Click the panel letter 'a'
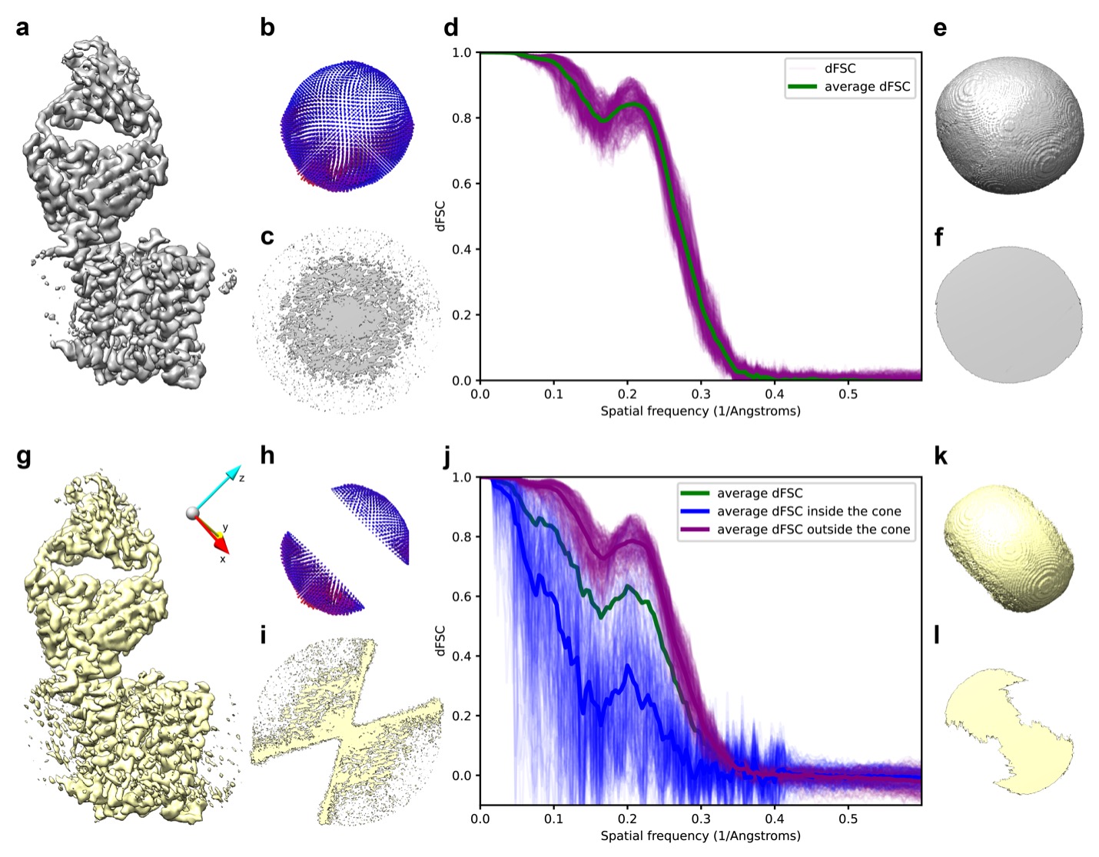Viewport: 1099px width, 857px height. click(22, 28)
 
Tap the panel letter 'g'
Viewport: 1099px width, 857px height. click(23, 457)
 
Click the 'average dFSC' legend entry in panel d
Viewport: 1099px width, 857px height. click(866, 87)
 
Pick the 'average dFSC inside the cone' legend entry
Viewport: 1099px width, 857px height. click(808, 511)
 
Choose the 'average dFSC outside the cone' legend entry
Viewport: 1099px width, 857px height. click(813, 530)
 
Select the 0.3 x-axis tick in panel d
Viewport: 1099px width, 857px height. click(701, 394)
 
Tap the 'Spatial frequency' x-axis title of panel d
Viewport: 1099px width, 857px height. click(700, 411)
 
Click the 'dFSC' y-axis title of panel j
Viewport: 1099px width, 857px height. click(440, 639)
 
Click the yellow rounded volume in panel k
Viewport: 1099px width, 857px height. click(1008, 547)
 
